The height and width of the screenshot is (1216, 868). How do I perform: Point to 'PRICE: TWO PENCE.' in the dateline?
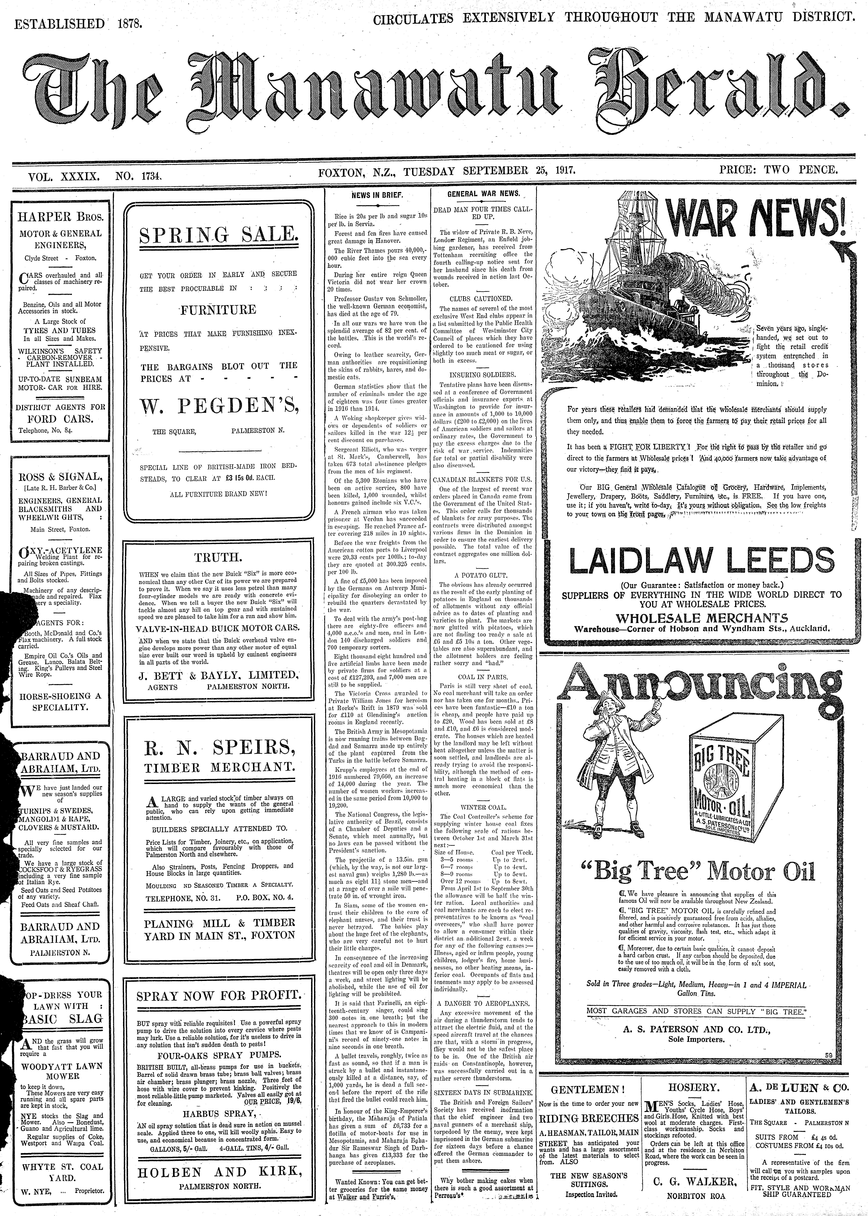(x=778, y=171)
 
